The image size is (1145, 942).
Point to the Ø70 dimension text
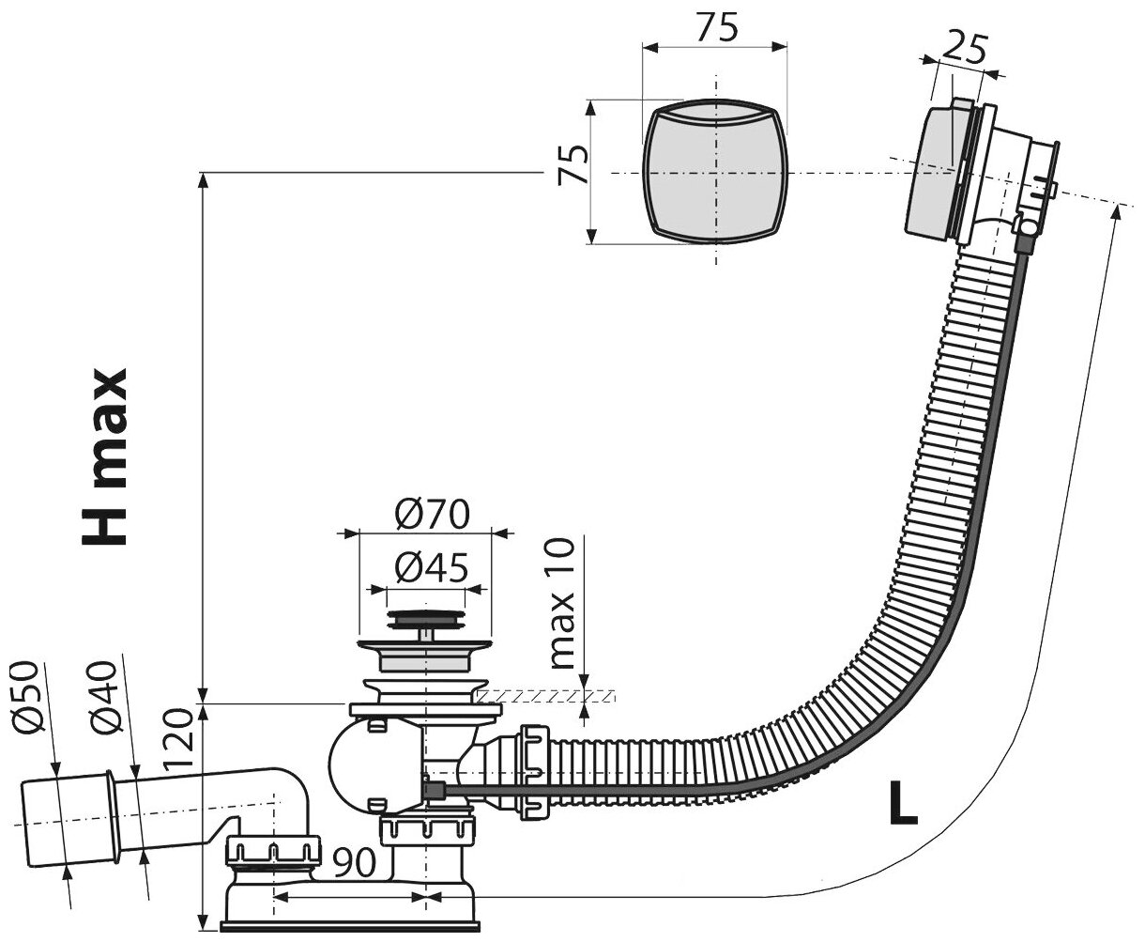pos(428,514)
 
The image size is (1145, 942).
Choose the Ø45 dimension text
pos(428,568)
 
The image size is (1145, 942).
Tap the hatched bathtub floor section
pos(544,696)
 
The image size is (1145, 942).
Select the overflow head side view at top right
pos(976,174)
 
